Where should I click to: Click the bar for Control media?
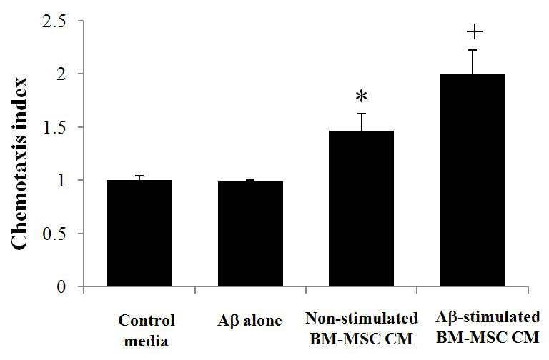tap(139, 233)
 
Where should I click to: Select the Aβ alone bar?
tap(250, 234)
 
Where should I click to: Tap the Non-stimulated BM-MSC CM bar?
tap(361, 209)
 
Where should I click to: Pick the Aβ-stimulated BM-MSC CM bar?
tap(473, 180)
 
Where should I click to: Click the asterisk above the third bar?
tap(361, 96)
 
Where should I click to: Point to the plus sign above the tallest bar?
tap(475, 32)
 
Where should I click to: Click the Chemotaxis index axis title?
tap(19, 164)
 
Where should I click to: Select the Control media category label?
tap(147, 331)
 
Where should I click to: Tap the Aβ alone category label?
tap(249, 321)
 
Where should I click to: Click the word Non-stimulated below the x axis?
tap(362, 319)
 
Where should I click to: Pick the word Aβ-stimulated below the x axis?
tap(488, 317)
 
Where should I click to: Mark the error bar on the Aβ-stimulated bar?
tap(473, 62)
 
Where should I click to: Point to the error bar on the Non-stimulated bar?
tap(361, 122)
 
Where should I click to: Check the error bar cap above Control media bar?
tap(139, 176)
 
